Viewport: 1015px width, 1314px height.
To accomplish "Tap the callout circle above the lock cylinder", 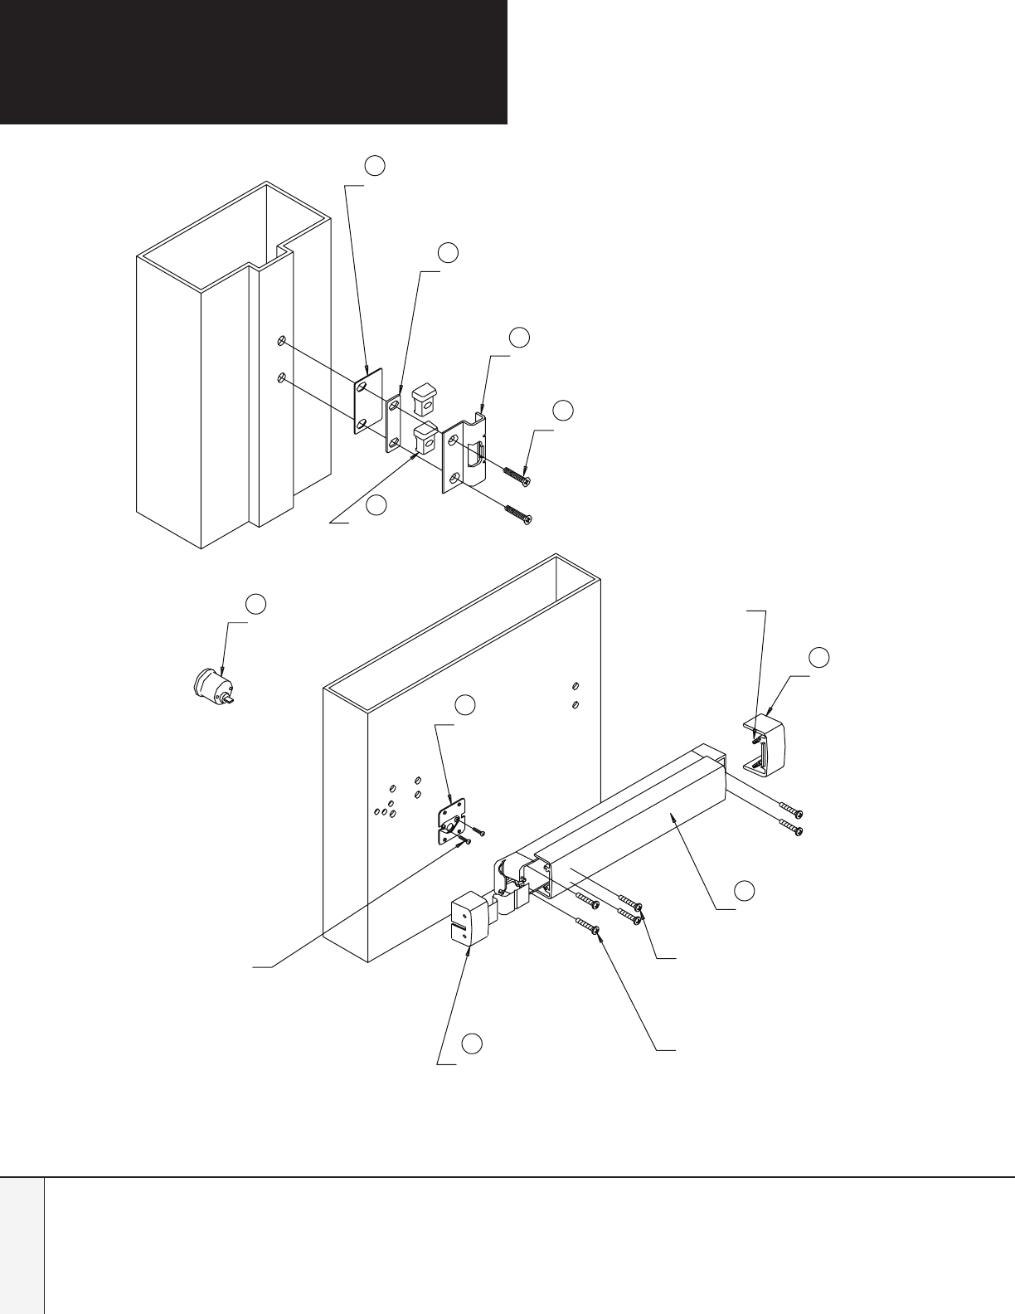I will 257,604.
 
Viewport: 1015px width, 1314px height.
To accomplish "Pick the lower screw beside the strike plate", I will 516,514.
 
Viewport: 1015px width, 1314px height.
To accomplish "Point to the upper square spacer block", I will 425,396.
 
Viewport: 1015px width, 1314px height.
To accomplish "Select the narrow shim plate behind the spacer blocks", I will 393,419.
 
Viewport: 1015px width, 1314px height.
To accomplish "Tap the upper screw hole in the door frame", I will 283,340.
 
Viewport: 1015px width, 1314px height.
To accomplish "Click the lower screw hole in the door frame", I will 283,378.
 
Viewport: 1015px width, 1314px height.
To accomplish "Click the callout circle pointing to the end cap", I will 819,657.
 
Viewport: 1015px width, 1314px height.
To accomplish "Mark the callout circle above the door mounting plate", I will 465,705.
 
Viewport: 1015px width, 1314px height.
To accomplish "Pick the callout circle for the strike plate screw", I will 563,410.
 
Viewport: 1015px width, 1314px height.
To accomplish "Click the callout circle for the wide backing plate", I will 375,166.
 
